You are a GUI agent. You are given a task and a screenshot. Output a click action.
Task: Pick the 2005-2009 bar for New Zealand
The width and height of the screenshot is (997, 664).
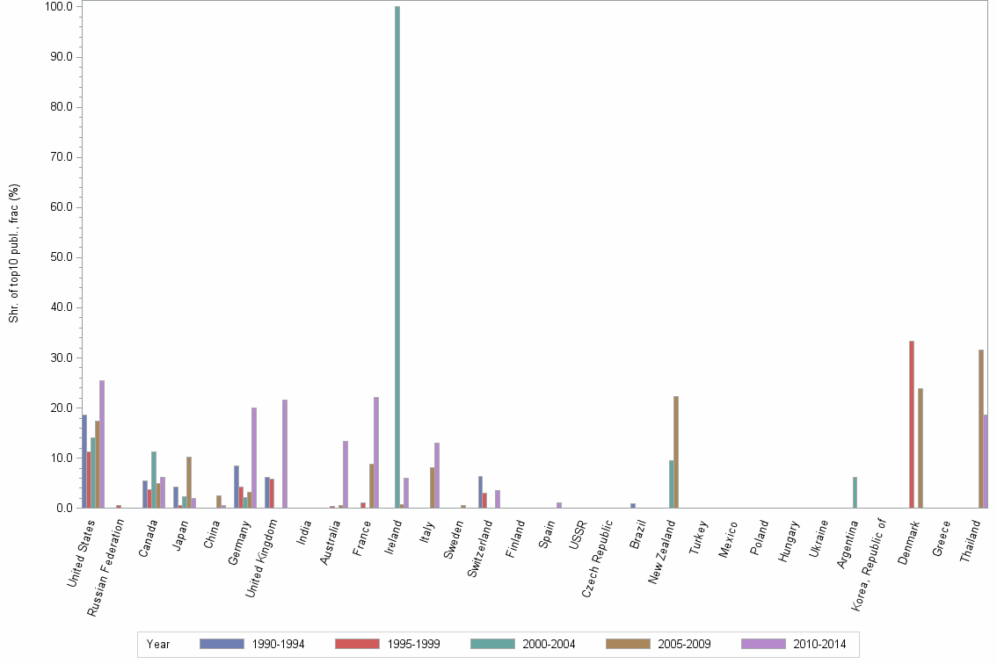[x=676, y=451]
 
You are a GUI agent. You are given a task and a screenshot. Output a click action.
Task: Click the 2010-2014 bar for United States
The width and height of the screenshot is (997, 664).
[x=102, y=444]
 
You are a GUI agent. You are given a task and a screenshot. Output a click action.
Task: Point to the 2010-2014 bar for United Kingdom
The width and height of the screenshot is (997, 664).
[x=285, y=453]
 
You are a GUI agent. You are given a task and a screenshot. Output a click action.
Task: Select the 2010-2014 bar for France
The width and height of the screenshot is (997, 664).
[x=376, y=452]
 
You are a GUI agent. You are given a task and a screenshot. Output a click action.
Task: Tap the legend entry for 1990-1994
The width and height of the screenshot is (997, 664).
[x=251, y=644]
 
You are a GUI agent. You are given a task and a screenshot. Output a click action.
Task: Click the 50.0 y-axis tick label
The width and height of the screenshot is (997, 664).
[x=61, y=257]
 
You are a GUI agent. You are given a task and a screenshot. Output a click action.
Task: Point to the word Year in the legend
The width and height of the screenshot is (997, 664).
[x=159, y=644]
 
